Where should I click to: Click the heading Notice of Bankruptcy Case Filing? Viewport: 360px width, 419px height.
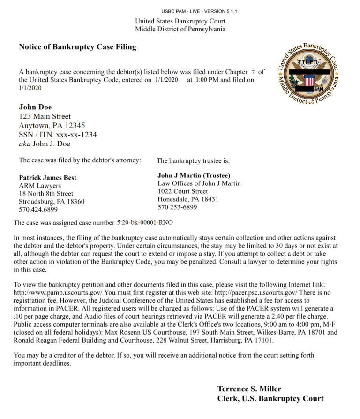click(x=77, y=47)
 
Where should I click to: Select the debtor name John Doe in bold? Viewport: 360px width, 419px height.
click(x=35, y=107)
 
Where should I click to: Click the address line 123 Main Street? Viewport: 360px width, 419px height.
click(x=45, y=116)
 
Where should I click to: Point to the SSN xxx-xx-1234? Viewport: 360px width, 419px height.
click(x=76, y=135)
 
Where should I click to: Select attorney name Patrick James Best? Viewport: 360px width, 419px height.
click(x=47, y=178)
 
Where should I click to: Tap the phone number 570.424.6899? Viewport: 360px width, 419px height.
click(x=38, y=209)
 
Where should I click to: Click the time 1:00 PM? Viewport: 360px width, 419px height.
click(x=207, y=80)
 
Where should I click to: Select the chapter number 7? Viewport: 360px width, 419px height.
click(x=253, y=72)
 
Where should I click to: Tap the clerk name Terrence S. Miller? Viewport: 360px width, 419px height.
click(x=249, y=389)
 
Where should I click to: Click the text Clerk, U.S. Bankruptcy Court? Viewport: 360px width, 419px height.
click(x=270, y=398)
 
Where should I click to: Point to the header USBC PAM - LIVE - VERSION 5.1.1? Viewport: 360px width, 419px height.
click(x=199, y=11)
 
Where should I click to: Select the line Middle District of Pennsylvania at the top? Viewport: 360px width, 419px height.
click(x=180, y=29)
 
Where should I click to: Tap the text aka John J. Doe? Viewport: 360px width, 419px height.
click(x=45, y=144)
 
